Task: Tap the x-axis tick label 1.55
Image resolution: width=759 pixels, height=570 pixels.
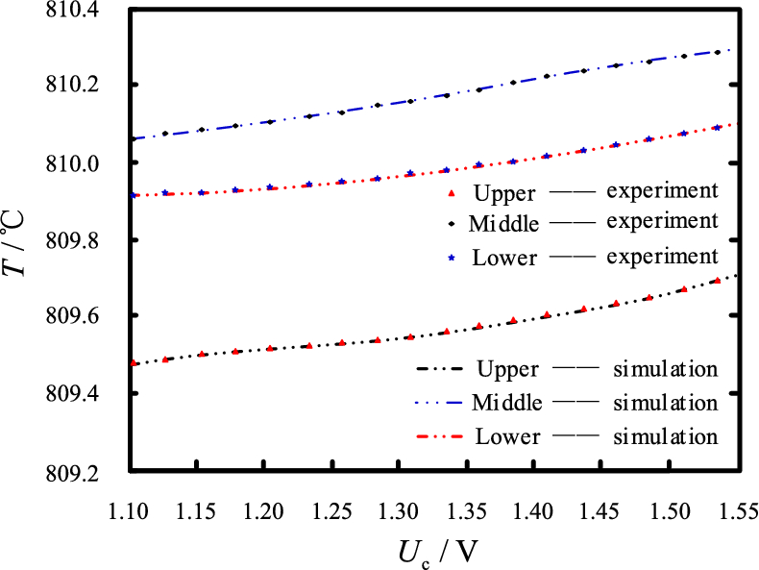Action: (x=738, y=508)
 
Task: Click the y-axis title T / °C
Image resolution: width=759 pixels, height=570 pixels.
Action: (x=19, y=239)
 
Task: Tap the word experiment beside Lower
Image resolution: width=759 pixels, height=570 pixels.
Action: (x=662, y=258)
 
